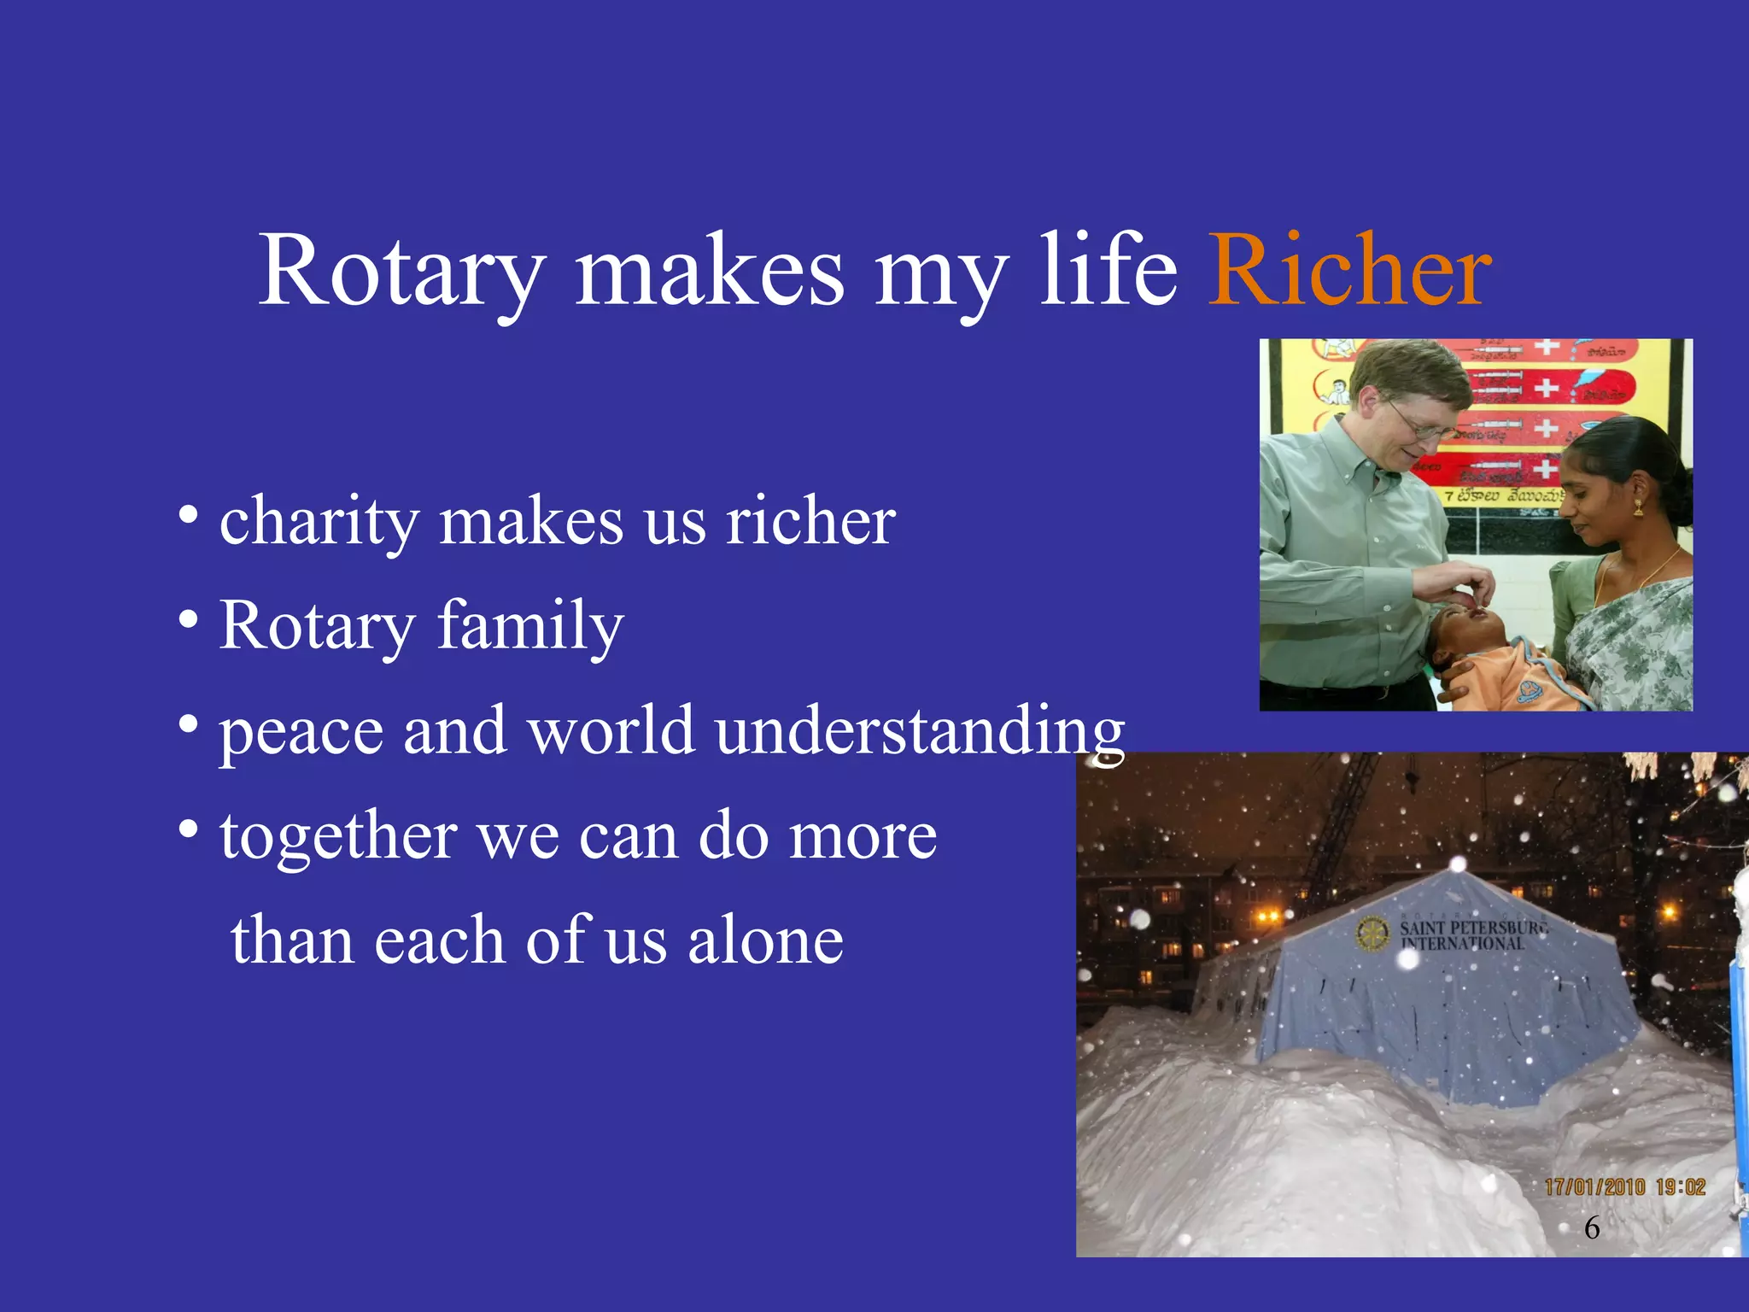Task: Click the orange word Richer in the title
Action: [1349, 272]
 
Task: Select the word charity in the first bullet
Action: [318, 523]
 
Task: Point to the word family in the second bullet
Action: [530, 627]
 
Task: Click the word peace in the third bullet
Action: [301, 733]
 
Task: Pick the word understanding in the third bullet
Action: [920, 731]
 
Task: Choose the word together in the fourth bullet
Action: [338, 837]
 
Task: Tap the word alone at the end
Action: [765, 940]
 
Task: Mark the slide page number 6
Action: [1592, 1227]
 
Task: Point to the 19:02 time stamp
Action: [1680, 1187]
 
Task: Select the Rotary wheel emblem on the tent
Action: [1373, 934]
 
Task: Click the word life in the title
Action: [1108, 272]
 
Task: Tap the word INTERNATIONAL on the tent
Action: [1462, 944]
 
